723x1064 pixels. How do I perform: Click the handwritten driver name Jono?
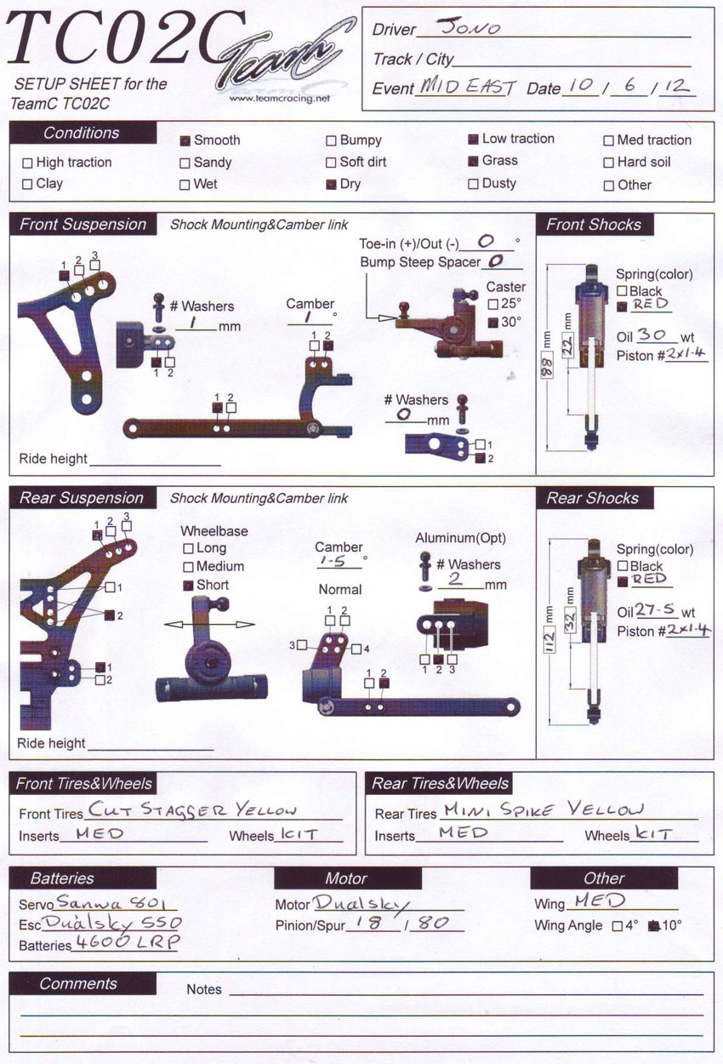click(x=469, y=26)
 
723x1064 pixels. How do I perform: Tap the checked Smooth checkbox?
click(x=185, y=140)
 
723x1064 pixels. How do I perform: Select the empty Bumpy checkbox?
click(x=331, y=140)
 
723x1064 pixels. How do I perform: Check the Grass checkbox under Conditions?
click(x=473, y=162)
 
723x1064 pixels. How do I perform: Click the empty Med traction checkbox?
click(x=608, y=140)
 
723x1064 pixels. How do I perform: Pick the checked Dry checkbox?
click(x=331, y=185)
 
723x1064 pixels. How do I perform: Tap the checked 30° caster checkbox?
click(x=493, y=323)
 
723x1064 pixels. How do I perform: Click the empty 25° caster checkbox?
click(x=493, y=304)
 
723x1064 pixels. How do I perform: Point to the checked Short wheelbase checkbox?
click(x=189, y=586)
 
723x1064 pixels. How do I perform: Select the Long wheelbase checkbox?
click(x=189, y=549)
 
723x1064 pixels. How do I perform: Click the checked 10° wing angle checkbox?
click(x=654, y=926)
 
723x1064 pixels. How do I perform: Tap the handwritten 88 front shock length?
click(x=547, y=365)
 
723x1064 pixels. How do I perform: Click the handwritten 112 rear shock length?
click(x=549, y=639)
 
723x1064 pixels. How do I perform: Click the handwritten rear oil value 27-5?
click(x=655, y=609)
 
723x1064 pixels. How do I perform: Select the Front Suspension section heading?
click(x=83, y=224)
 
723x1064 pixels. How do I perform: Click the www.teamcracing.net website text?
click(x=279, y=99)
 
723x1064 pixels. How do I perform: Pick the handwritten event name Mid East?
click(x=468, y=87)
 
